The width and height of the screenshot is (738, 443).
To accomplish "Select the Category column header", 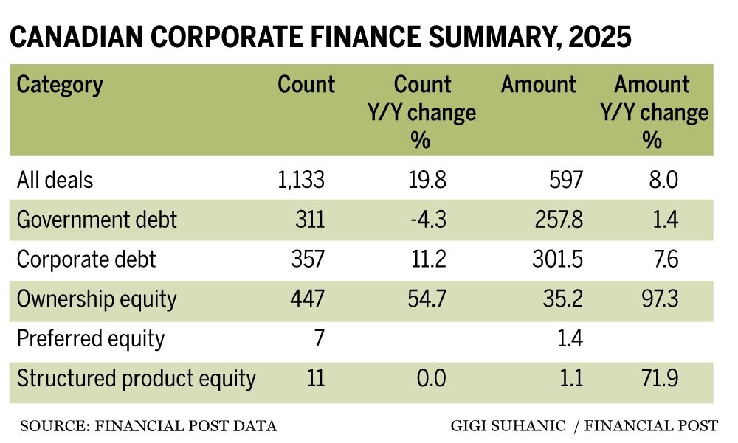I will click(60, 84).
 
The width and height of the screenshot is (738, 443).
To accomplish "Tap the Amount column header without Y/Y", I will click(538, 84).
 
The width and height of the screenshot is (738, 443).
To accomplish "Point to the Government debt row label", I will click(97, 220).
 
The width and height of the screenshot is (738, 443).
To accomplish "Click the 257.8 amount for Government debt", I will click(555, 220).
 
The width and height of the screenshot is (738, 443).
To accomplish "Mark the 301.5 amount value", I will click(555, 259).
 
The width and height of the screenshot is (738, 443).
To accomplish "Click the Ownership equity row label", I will click(97, 299).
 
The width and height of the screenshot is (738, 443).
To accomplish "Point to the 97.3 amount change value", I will click(652, 299).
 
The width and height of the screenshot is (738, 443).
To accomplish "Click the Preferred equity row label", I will click(91, 339).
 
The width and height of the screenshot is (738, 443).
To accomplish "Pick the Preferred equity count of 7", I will click(319, 339).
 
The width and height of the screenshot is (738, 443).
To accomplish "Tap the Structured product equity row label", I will click(137, 379).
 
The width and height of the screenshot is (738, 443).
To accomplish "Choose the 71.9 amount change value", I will click(652, 379).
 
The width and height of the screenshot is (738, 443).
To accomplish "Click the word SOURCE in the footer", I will click(49, 426).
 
